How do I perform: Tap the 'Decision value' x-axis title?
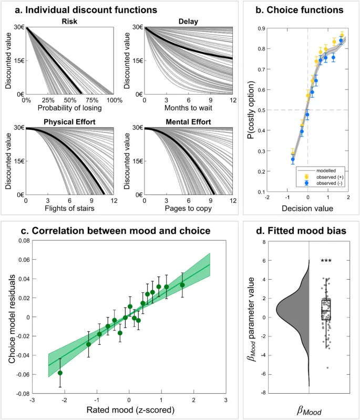[307, 208]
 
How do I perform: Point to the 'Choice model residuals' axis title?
[11, 316]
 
